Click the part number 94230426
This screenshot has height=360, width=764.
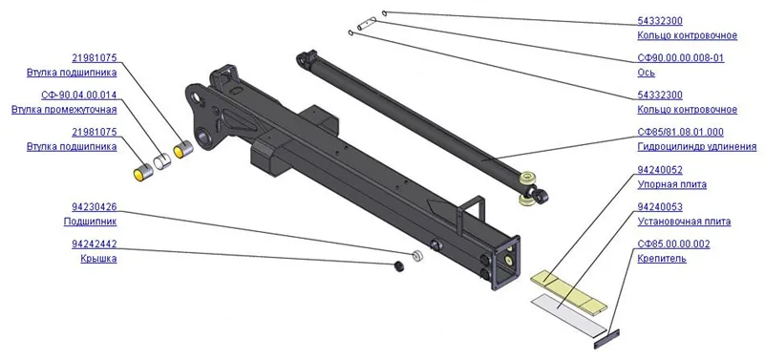coord(94,207)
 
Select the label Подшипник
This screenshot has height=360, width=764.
coord(90,222)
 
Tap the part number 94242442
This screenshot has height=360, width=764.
coord(94,244)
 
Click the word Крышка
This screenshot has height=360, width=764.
coord(98,259)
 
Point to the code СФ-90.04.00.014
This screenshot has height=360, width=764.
coord(80,95)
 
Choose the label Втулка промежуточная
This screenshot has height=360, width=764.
coord(64,110)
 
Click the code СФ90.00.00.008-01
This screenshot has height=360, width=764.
coord(681,58)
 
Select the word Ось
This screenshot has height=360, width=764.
coord(647,73)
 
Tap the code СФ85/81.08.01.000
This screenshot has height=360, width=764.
coord(680,132)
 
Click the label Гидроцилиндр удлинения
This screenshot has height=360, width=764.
coord(697,147)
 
